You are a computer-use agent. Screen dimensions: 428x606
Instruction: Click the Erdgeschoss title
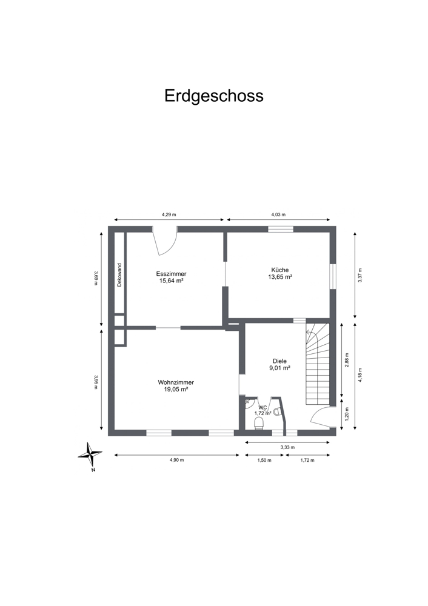(214, 96)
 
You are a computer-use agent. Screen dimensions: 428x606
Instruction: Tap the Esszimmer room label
(172, 274)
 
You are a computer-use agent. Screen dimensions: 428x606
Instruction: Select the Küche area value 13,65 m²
(280, 277)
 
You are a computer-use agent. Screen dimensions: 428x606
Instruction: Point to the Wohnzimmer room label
(176, 382)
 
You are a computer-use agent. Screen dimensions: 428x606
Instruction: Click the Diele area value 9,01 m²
(280, 368)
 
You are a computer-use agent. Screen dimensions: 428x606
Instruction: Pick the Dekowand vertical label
(119, 275)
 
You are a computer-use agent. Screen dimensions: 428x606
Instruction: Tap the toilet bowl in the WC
(259, 423)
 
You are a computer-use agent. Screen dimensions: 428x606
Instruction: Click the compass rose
(90, 454)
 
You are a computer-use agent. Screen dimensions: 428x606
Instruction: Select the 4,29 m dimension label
(169, 214)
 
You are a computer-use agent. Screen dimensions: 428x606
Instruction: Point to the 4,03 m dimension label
(278, 214)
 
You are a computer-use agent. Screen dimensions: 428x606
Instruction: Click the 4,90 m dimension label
(176, 460)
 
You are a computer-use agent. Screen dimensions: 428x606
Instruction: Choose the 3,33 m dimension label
(287, 447)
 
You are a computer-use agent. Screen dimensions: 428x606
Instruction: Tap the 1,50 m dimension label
(264, 460)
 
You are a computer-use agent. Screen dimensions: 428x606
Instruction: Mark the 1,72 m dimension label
(307, 460)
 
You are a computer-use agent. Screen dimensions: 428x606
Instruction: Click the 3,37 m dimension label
(360, 276)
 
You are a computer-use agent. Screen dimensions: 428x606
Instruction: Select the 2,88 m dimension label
(347, 360)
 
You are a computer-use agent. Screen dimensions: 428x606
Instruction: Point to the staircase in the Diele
(318, 364)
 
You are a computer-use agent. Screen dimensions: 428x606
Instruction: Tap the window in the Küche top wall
(281, 229)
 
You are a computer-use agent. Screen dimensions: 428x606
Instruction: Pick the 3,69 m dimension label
(96, 278)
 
